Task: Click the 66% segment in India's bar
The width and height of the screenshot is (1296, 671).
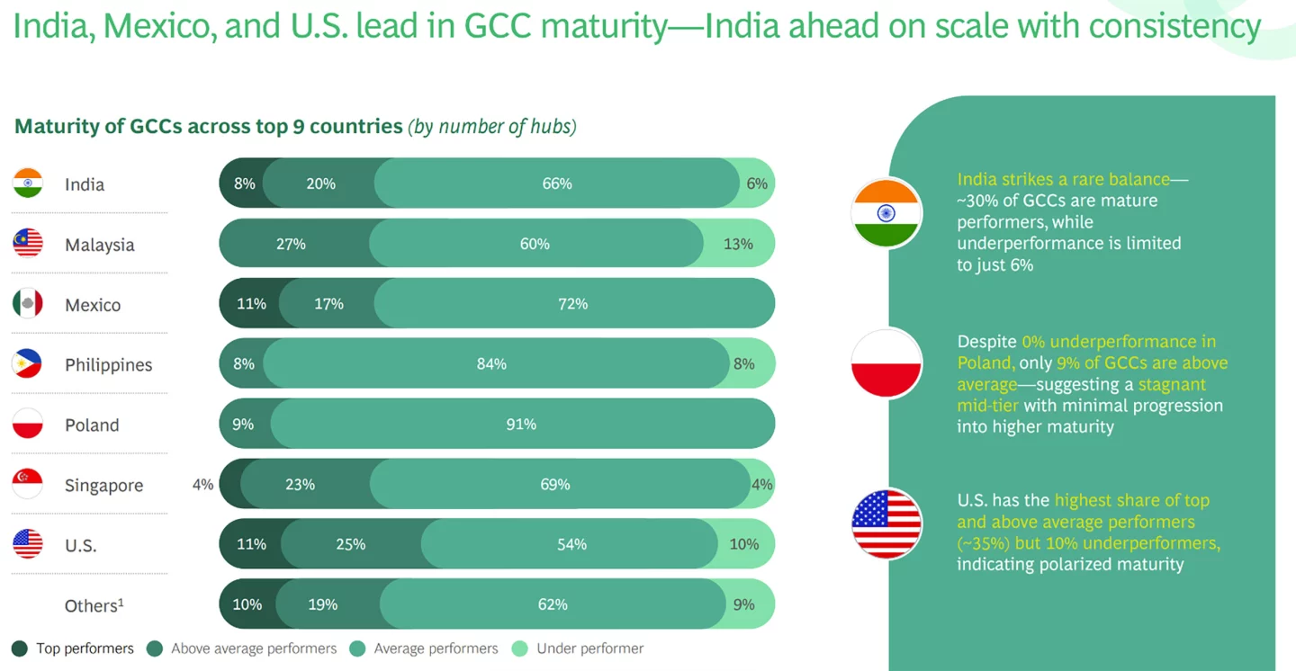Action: tap(556, 183)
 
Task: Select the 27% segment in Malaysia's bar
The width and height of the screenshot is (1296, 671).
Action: tap(292, 244)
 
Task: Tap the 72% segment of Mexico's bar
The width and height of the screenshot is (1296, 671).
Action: tap(572, 304)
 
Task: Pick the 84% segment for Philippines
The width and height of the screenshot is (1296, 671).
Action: tap(491, 364)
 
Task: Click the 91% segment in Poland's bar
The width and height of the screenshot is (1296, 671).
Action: tap(520, 424)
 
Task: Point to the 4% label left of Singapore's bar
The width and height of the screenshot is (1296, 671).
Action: tap(202, 484)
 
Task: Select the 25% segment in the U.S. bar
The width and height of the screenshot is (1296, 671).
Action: tap(350, 544)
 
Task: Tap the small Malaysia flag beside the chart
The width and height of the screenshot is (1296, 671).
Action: tap(28, 243)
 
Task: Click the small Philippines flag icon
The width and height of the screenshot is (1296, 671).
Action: tap(28, 363)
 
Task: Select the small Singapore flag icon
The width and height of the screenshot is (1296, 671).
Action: tap(28, 484)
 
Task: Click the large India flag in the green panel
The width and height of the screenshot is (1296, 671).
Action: tap(886, 213)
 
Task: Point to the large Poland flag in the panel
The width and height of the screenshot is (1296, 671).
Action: tap(886, 364)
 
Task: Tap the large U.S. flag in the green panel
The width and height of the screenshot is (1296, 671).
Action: tap(886, 523)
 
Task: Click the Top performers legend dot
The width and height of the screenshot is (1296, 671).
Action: tap(20, 649)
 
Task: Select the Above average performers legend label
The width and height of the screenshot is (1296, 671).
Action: tap(253, 649)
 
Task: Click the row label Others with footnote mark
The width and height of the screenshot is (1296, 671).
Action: tap(94, 605)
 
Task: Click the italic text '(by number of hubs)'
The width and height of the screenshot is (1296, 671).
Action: tap(491, 126)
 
